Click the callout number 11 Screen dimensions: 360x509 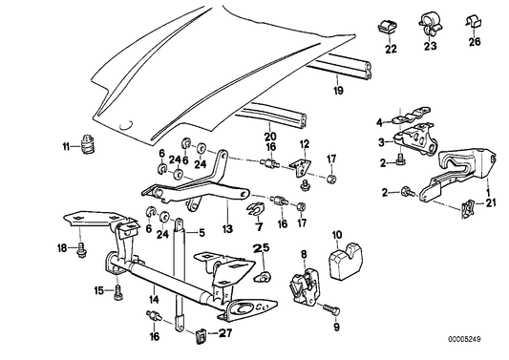coord(66,146)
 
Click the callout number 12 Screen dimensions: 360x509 coord(305,143)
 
